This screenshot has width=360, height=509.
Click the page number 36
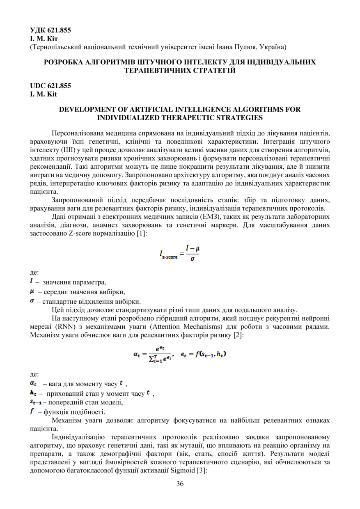click(180, 484)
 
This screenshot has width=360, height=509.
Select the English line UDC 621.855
click(50, 86)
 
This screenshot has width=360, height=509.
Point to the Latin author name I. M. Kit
click(44, 94)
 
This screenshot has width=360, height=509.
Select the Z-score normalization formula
click(180, 255)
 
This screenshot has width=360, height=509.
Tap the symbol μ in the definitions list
click(32, 291)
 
